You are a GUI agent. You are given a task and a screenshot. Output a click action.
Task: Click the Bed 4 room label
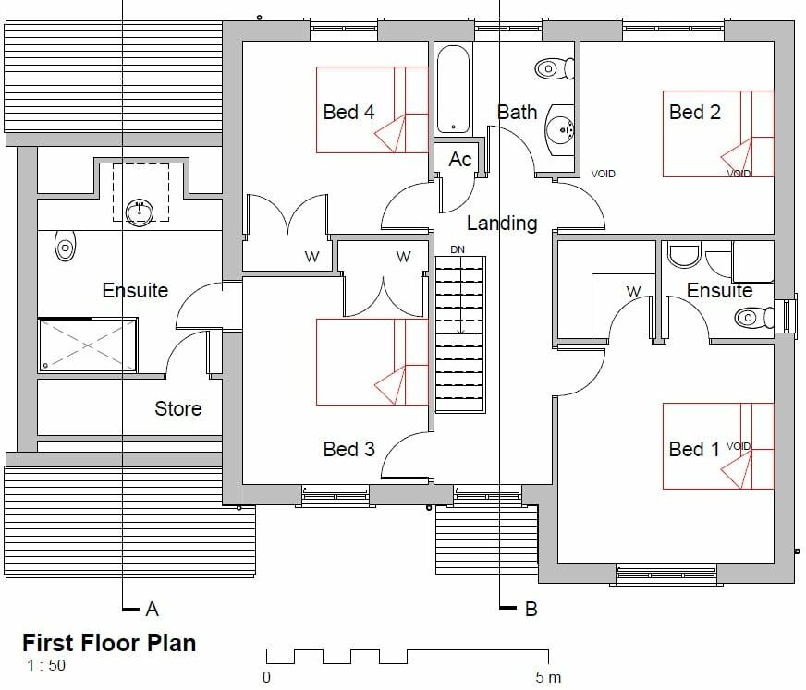coord(348,112)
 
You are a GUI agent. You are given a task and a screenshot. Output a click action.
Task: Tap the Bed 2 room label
coord(694,112)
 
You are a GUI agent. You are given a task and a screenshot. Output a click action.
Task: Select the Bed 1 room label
coord(693,449)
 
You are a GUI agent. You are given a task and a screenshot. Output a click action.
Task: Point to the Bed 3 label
coord(348,449)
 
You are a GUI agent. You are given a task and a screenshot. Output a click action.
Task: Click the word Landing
coord(501,223)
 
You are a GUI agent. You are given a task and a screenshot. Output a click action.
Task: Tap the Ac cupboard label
coord(459,160)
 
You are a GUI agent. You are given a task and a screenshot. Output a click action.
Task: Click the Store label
coord(177,408)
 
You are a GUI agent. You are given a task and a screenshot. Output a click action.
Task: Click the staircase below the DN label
coord(459,333)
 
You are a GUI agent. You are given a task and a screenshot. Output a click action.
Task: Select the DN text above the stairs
coord(458,249)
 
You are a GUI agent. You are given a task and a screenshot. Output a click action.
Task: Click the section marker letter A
coord(153,609)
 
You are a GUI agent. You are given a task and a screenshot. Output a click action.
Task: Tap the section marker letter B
coord(531,609)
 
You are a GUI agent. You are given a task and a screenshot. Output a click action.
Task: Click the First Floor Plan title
coord(108,642)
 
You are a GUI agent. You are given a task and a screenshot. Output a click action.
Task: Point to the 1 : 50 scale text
coord(45,666)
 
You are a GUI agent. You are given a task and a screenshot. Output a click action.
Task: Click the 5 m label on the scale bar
coord(548,677)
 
